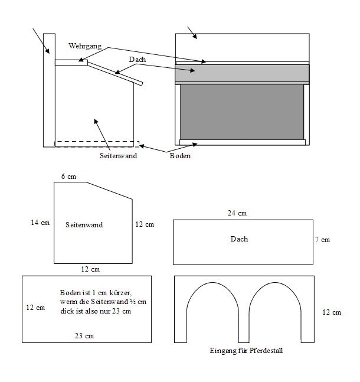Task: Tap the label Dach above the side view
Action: (x=138, y=60)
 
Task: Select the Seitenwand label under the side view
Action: (x=119, y=156)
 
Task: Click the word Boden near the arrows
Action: (x=180, y=156)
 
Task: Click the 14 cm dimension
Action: (x=40, y=223)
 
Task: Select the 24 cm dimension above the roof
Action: (x=237, y=213)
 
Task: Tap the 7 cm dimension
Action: (x=322, y=240)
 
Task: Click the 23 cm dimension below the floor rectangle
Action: (x=85, y=336)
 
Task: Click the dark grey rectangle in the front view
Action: (x=242, y=112)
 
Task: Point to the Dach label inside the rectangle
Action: (x=239, y=239)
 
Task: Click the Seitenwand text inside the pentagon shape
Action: (x=84, y=225)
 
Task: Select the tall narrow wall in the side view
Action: (x=50, y=89)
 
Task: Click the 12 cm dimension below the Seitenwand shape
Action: (x=90, y=269)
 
